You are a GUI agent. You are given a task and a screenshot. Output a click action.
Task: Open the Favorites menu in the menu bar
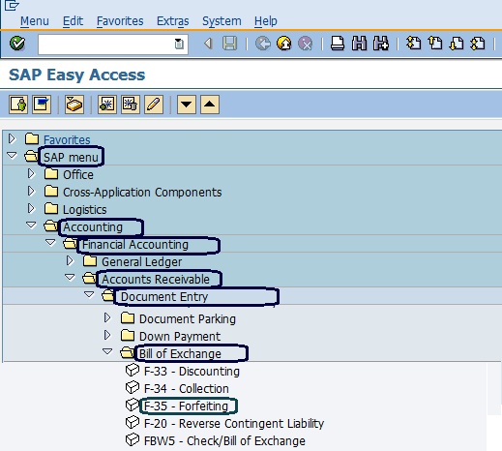[x=120, y=21]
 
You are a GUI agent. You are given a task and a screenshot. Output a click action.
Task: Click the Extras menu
[x=173, y=21]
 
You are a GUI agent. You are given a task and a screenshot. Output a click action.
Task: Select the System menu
[x=221, y=21]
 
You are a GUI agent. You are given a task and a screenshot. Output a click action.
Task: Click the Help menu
[x=266, y=21]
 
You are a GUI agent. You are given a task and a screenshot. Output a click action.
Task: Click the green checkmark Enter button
[x=17, y=44]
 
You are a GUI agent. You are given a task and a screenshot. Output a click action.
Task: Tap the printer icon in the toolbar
[x=338, y=44]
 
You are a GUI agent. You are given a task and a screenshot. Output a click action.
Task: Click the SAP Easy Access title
[x=77, y=75]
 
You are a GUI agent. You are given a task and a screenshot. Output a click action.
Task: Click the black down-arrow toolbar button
[x=187, y=105]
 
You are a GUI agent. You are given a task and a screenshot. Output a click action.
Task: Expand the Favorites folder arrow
[x=12, y=139]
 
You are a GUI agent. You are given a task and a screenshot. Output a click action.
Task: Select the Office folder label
[x=78, y=175]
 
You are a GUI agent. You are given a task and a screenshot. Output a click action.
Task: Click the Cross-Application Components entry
[x=142, y=193]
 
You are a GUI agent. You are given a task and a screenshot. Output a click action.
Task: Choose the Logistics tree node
[x=84, y=210]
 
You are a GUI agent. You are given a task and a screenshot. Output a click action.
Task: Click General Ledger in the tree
[x=141, y=262]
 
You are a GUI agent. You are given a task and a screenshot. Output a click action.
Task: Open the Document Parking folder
[x=188, y=319]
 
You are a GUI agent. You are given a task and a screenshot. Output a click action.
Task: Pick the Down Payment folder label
[x=180, y=337]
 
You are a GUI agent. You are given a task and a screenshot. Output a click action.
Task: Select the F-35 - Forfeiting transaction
[x=186, y=406]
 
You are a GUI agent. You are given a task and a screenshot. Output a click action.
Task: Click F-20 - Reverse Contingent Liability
[x=234, y=424]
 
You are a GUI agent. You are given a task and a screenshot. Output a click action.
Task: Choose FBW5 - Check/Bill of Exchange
[x=224, y=441]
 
